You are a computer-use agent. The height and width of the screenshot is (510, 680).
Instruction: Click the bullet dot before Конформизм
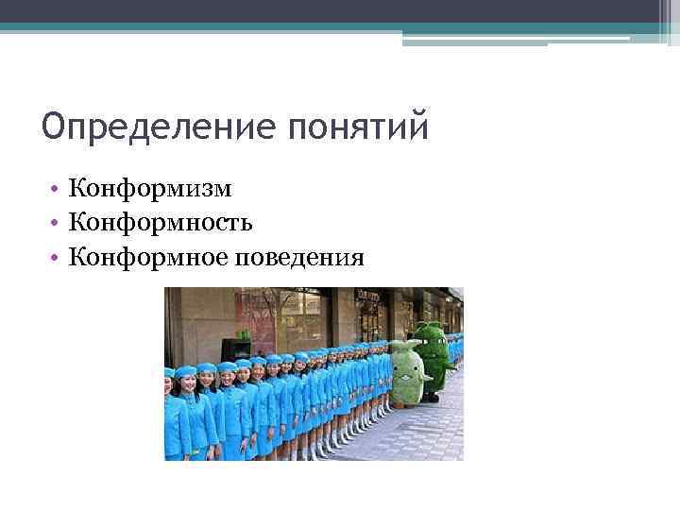pyautogui.click(x=59, y=190)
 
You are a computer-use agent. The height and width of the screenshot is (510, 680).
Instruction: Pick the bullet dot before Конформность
pyautogui.click(x=59, y=224)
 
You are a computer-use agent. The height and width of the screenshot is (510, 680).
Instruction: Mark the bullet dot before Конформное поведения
pyautogui.click(x=59, y=258)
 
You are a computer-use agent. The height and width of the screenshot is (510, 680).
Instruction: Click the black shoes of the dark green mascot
pyautogui.click(x=432, y=398)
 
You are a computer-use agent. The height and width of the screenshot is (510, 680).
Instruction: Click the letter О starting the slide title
pyautogui.click(x=53, y=126)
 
